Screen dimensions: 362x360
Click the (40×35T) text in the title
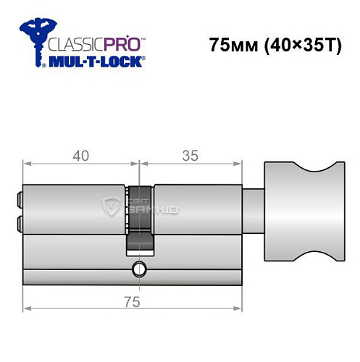297,44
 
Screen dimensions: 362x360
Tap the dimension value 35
190,154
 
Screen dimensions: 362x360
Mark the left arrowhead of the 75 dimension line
28,308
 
